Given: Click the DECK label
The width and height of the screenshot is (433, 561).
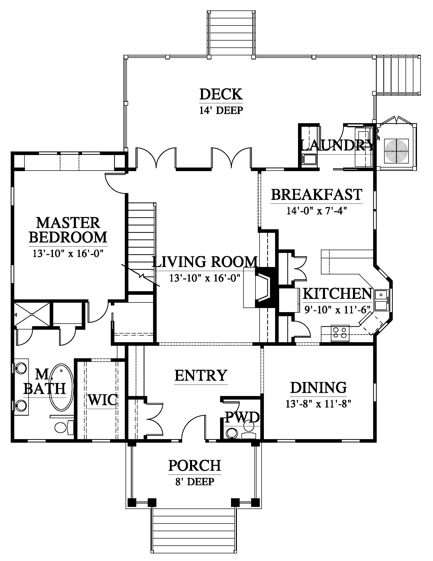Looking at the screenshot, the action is (x=221, y=94).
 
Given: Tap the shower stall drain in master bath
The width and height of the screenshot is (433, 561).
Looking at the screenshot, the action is (x=32, y=314).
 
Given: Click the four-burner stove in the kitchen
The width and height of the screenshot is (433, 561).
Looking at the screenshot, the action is (x=340, y=334).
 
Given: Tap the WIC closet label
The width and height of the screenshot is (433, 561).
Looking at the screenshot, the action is (x=103, y=400).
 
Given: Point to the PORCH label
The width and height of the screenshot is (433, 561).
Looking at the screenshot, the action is (x=195, y=465).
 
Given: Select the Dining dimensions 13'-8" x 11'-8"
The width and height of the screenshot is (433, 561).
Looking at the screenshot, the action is (x=318, y=404).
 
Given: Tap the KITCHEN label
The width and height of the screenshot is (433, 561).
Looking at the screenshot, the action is (x=337, y=294).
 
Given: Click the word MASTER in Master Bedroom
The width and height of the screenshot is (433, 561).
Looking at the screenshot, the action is (x=68, y=223).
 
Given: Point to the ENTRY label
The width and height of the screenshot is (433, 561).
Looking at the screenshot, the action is (x=201, y=375).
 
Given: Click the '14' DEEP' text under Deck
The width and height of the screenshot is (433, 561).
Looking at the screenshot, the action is (x=221, y=110).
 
